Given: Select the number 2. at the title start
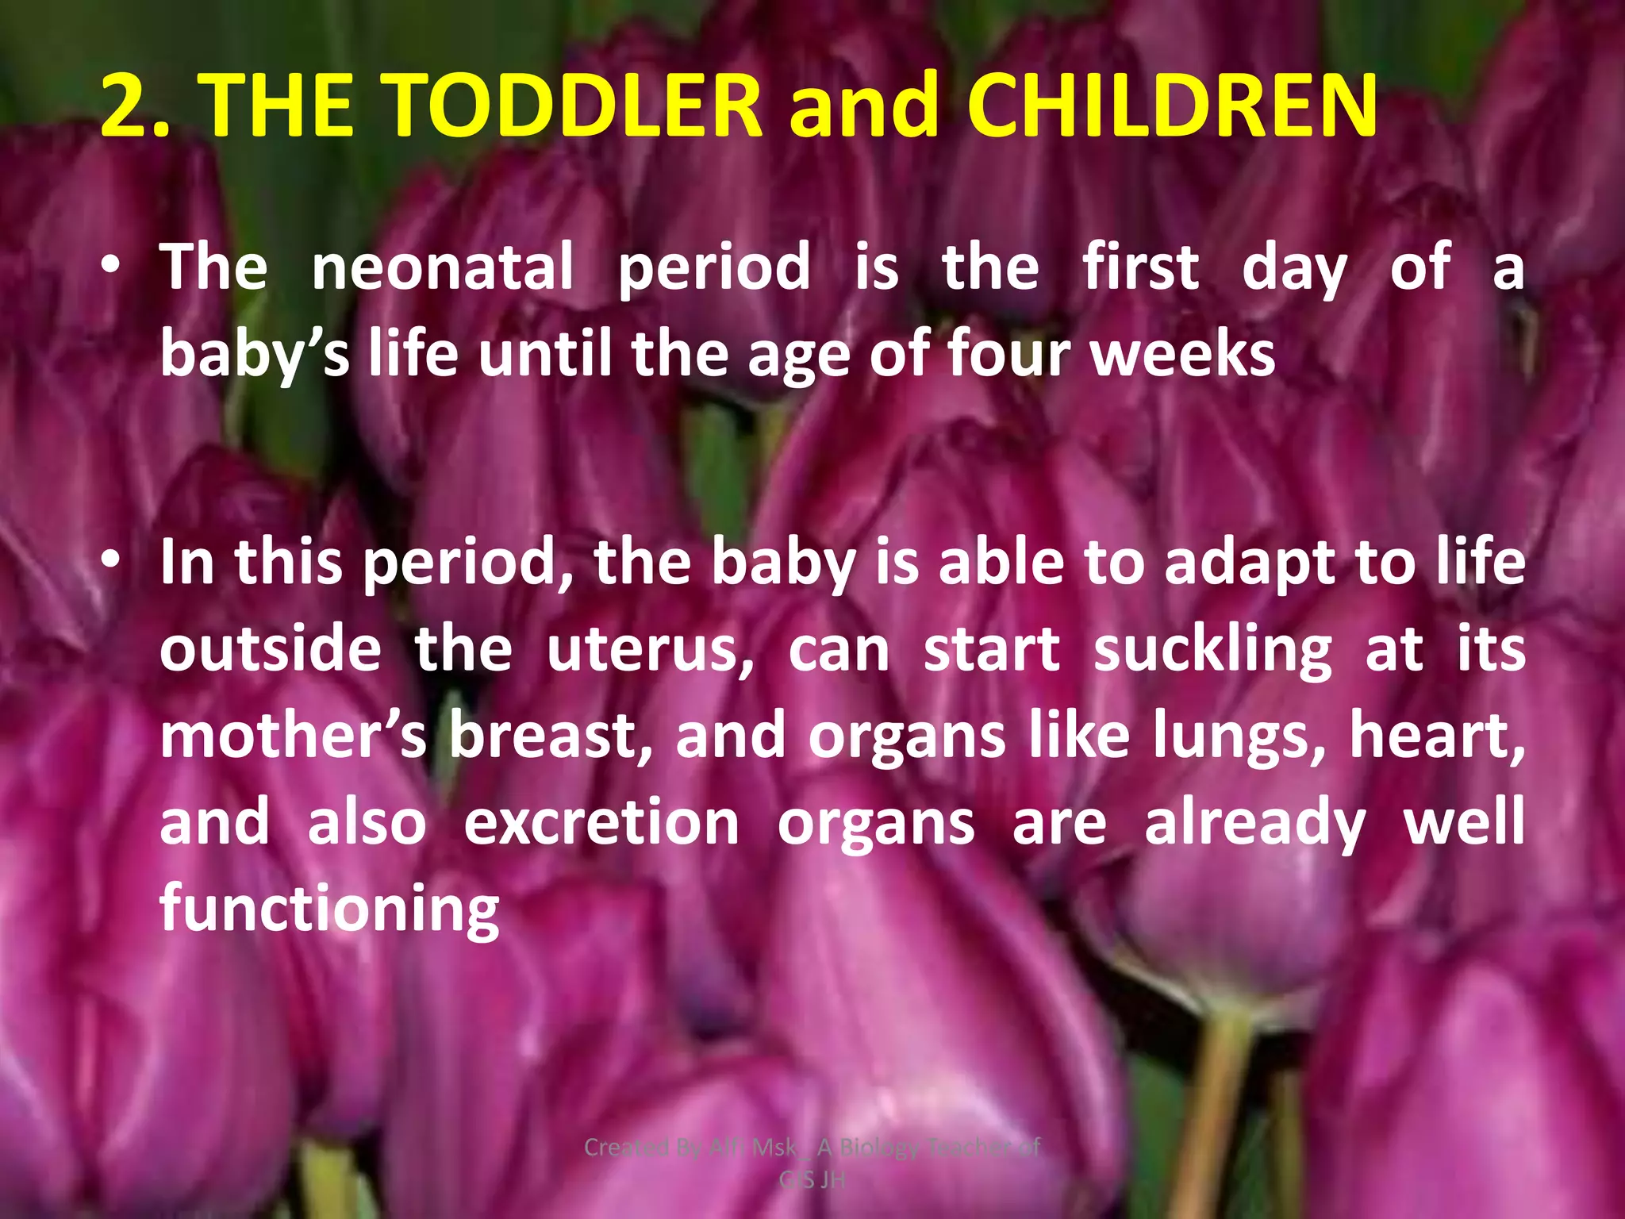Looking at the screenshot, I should (136, 106).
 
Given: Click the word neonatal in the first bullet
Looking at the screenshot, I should (442, 267).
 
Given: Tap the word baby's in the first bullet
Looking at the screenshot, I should (255, 355).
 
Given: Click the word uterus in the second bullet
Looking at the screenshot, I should (650, 649).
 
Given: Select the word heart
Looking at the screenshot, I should (1436, 735).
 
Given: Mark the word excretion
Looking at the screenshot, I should (601, 822).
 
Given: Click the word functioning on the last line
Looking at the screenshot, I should (329, 909).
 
